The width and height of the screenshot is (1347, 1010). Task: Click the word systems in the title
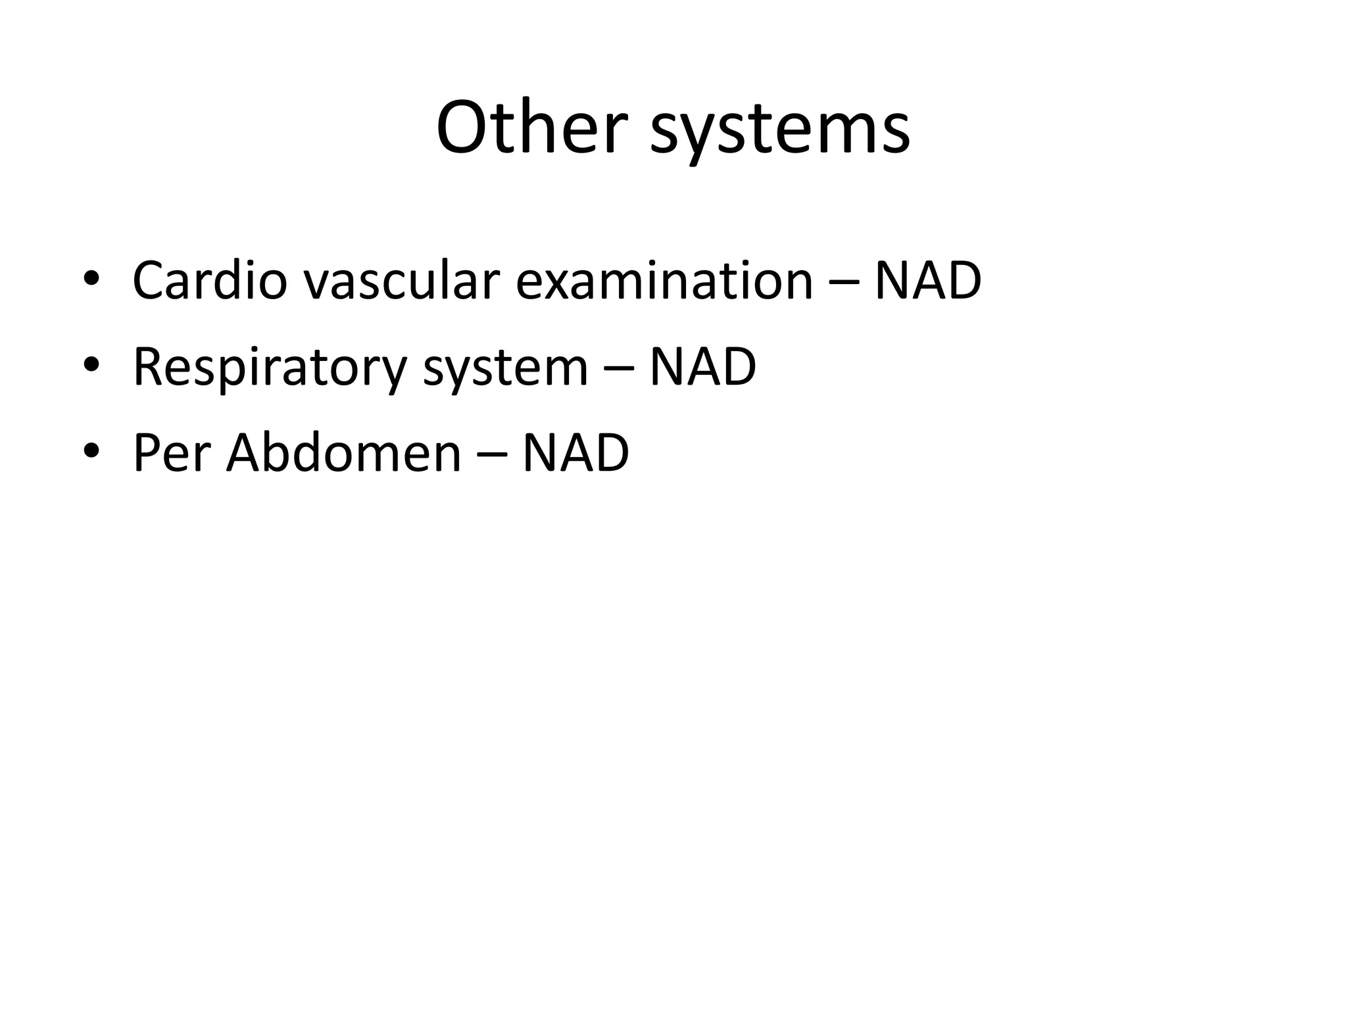pos(779,132)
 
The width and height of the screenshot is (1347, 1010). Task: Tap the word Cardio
pos(210,281)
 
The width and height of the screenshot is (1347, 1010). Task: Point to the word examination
pos(664,281)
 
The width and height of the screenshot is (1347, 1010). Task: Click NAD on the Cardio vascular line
pos(927,281)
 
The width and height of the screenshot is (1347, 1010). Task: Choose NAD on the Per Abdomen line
pos(576,454)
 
